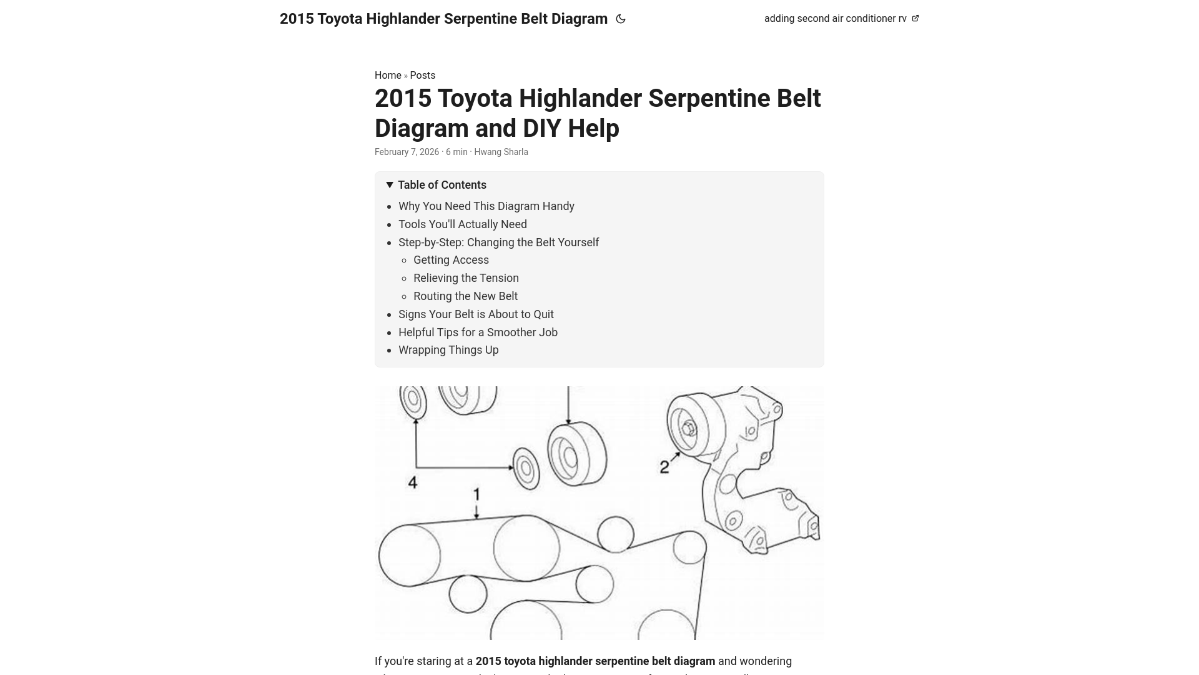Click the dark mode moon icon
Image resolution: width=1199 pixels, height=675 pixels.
621,19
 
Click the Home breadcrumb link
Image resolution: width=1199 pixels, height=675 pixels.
388,75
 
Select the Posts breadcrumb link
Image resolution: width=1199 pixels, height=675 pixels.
423,75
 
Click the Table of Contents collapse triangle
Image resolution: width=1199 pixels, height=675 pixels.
390,185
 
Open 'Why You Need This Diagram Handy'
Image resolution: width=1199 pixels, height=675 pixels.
486,206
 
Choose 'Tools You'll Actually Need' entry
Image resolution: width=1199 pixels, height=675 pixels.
463,224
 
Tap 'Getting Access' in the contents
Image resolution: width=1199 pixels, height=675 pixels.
451,260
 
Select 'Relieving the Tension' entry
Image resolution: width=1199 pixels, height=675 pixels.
466,278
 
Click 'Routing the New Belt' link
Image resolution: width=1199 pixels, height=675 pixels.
465,296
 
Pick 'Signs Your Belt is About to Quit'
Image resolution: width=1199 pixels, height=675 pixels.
476,314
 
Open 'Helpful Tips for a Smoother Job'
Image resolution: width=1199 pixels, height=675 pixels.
478,332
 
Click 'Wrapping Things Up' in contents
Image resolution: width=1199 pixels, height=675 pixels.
448,350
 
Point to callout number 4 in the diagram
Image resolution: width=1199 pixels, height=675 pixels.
412,482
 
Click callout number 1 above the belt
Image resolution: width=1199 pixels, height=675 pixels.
476,495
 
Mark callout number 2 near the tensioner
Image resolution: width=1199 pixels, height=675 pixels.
664,467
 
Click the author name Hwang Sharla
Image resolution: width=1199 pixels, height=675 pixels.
501,152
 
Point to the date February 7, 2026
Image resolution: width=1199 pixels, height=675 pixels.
407,152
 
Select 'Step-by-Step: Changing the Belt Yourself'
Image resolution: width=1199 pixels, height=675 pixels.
498,242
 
